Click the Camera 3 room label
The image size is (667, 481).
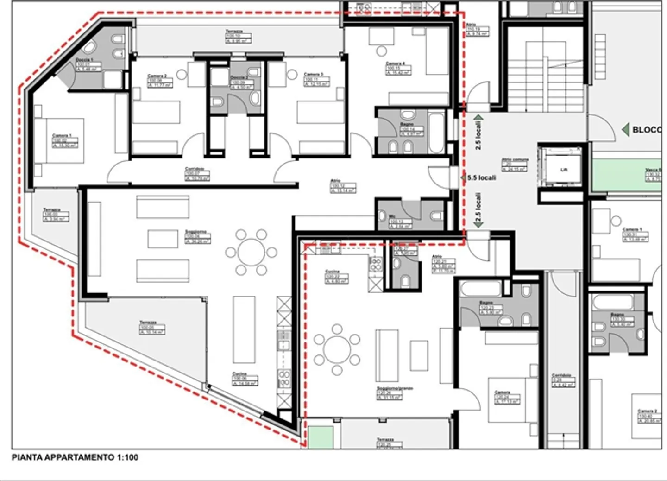tap(314, 74)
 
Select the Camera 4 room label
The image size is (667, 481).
tap(396, 64)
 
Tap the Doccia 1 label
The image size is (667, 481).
tap(84, 60)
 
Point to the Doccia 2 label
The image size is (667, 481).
tap(239, 77)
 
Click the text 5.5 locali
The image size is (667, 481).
tap(482, 178)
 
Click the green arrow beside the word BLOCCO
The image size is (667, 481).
tap(625, 130)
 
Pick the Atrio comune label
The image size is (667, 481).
tap(515, 160)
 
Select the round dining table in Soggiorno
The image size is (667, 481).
tap(251, 253)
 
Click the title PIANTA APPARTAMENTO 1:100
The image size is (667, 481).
tap(75, 457)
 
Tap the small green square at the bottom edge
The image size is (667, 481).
tap(321, 437)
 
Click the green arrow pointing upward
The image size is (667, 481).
tap(478, 119)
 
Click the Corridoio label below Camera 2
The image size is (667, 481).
tap(195, 169)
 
